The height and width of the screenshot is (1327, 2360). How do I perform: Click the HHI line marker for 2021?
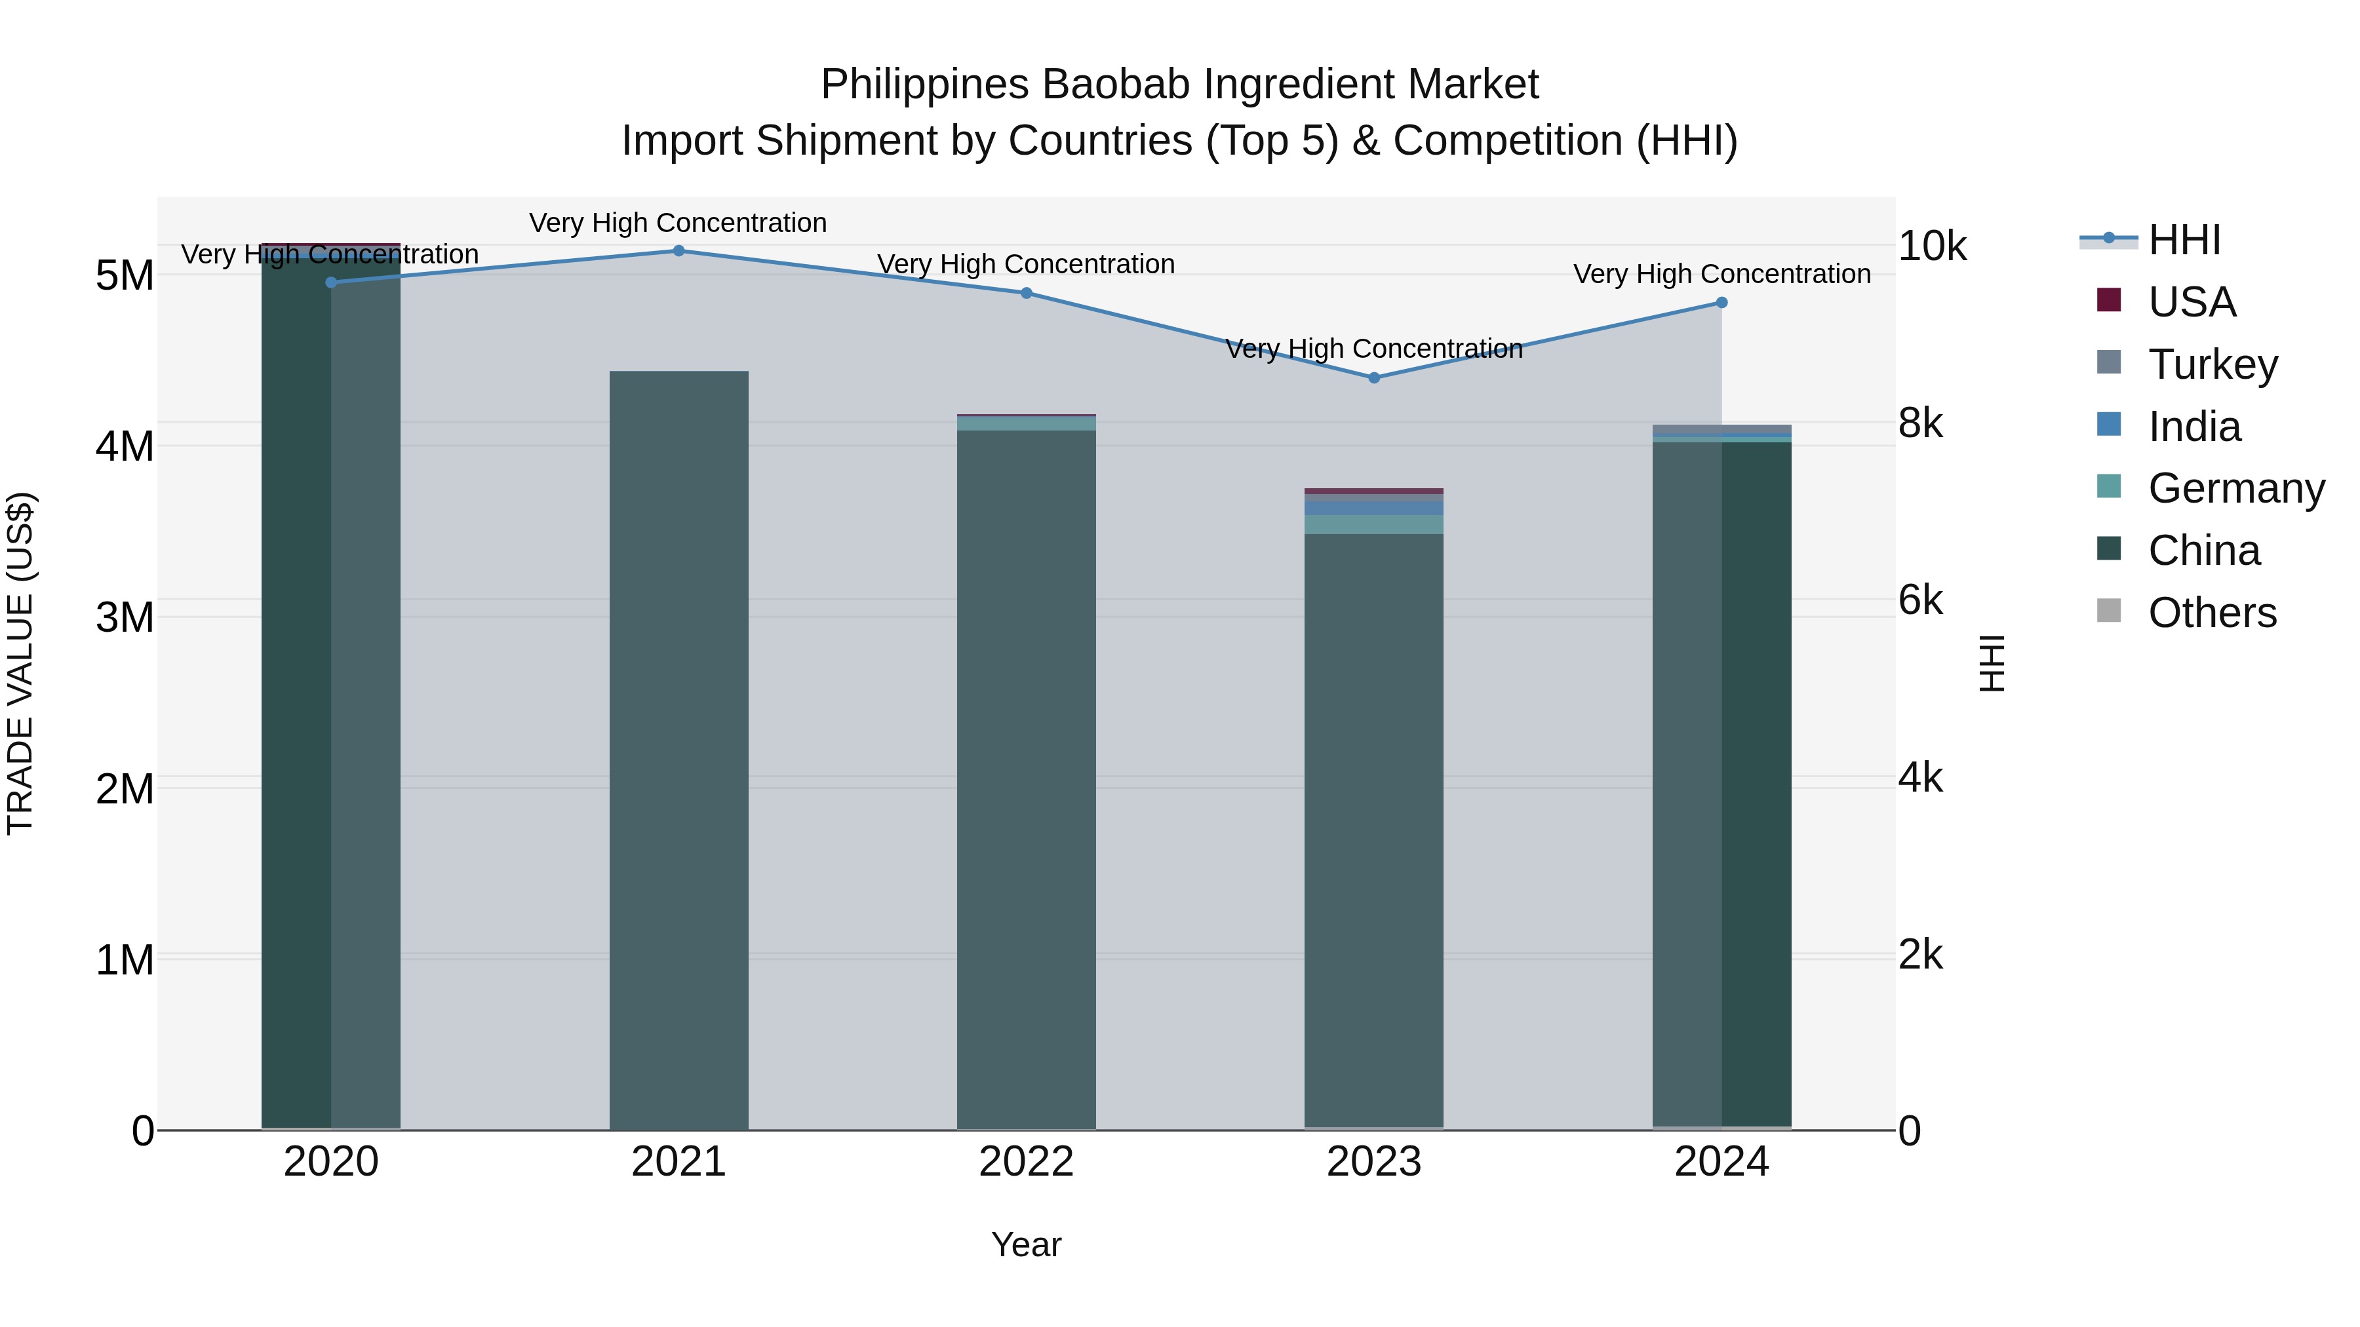[679, 251]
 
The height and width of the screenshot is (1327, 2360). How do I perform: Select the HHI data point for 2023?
[1373, 378]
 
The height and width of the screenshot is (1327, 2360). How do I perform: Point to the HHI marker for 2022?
[1026, 293]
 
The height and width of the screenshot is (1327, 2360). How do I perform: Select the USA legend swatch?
[2109, 301]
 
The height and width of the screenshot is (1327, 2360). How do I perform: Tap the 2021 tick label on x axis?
[679, 1162]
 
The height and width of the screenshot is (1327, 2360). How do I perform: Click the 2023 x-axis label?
[1373, 1162]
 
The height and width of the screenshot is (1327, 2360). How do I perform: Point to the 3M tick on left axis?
[125, 617]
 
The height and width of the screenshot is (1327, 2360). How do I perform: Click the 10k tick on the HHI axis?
[1932, 246]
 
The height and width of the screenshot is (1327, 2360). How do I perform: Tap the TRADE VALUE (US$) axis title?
[20, 663]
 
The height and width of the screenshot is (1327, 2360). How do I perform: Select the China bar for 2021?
[679, 751]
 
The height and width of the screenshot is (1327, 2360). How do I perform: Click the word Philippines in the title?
[924, 85]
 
